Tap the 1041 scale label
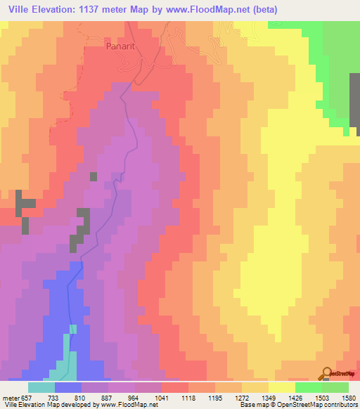click(162, 398)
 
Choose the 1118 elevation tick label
click(189, 398)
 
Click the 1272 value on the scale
click(243, 398)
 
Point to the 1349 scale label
click(269, 398)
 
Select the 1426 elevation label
click(296, 398)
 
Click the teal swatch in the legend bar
click(41, 387)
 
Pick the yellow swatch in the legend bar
click(282, 387)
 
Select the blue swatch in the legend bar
click(68, 387)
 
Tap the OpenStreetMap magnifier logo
click(326, 373)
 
